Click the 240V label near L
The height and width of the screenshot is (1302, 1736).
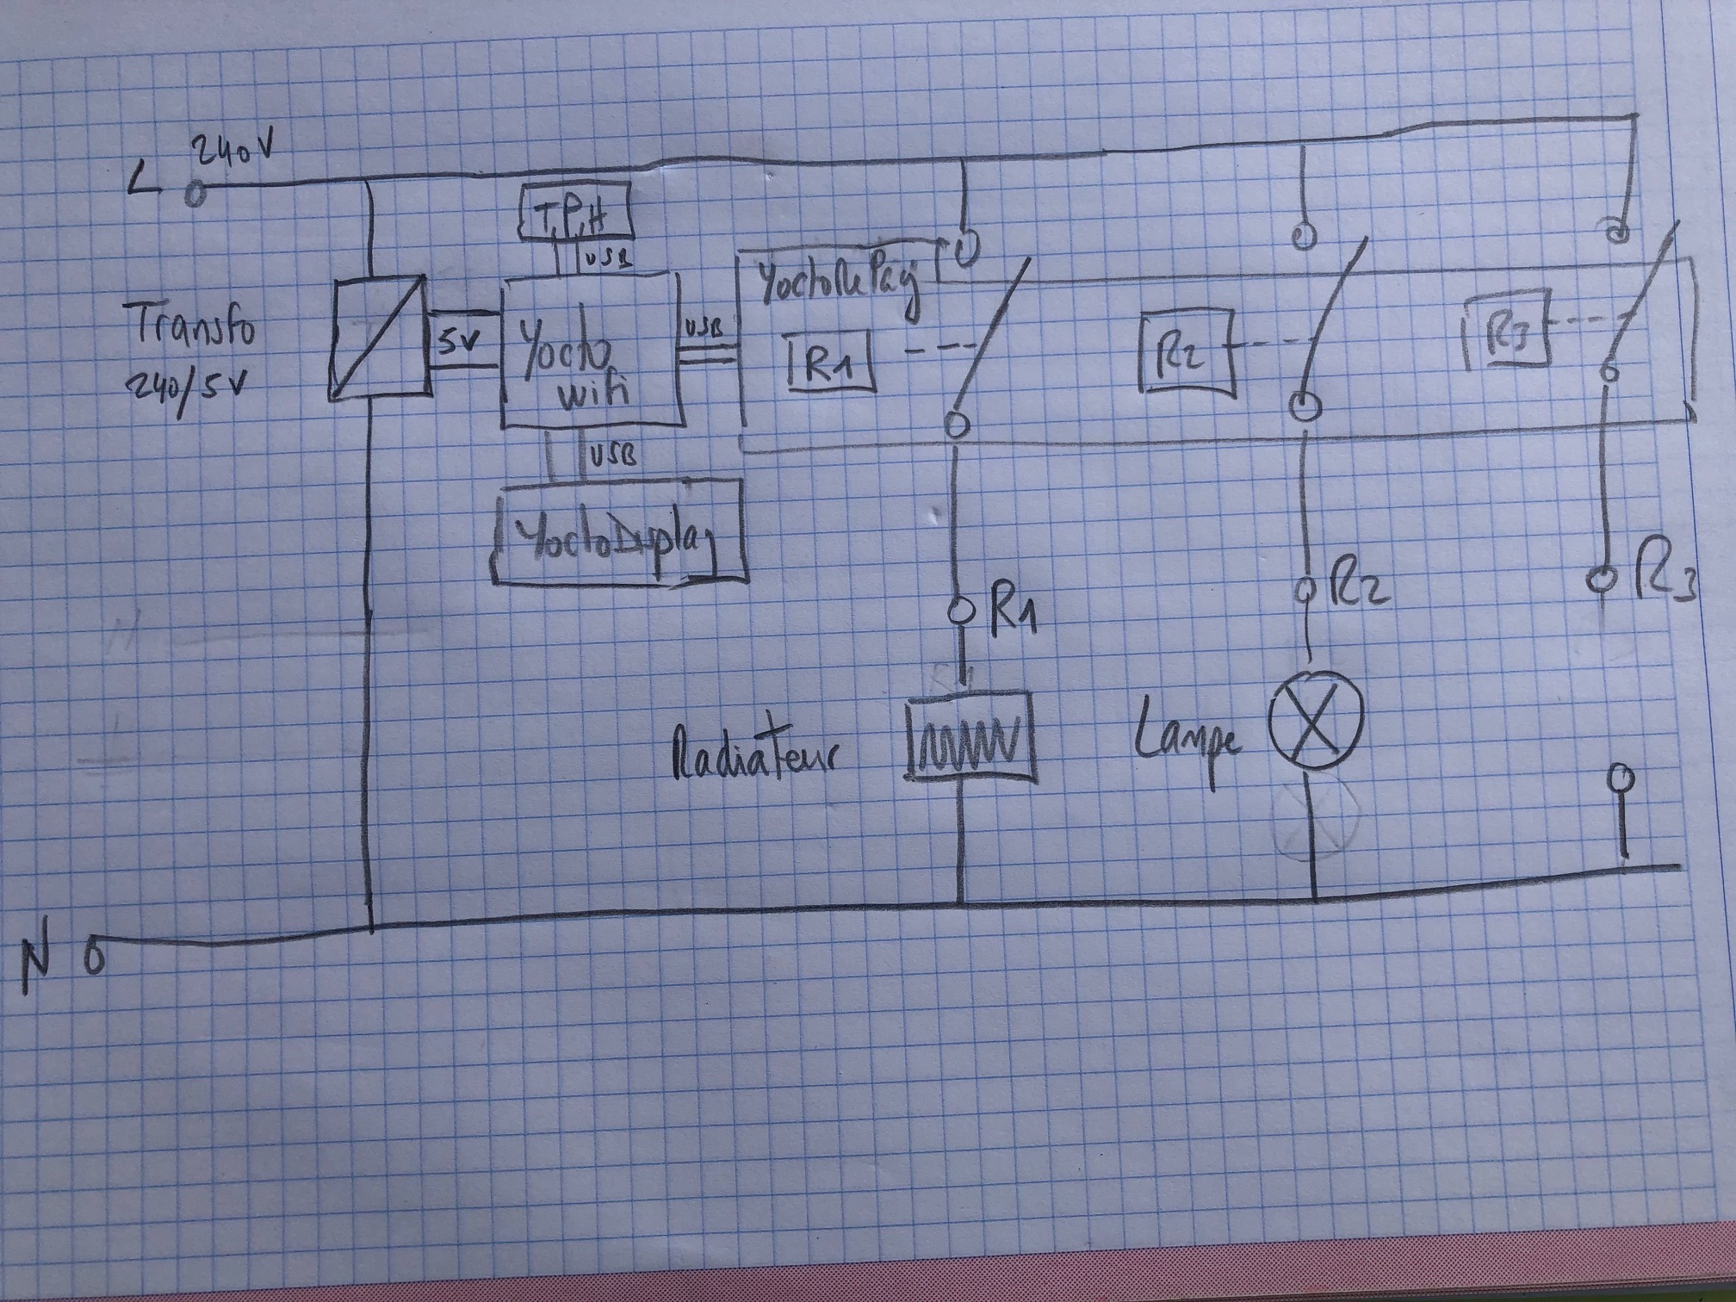click(234, 154)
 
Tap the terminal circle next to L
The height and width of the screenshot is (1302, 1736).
click(195, 194)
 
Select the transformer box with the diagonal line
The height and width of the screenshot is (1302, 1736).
click(378, 338)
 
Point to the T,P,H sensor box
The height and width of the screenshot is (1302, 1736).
click(575, 217)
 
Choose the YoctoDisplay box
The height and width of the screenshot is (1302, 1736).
click(617, 535)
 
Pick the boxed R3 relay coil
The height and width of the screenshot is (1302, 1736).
click(1508, 334)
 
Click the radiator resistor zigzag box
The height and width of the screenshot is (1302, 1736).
click(970, 738)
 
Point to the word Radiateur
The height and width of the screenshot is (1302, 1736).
click(753, 754)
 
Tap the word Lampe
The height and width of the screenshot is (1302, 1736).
click(1189, 737)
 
